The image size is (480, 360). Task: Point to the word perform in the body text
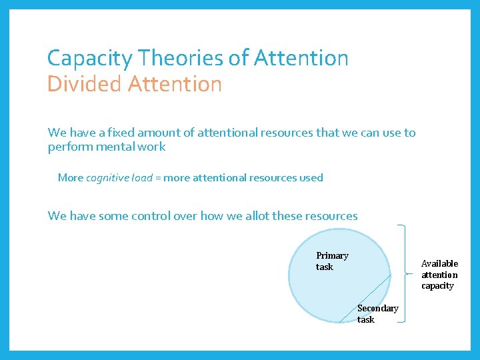click(69, 147)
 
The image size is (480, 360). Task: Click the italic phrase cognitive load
click(119, 178)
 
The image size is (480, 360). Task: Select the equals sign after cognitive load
click(158, 178)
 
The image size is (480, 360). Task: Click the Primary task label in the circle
click(331, 261)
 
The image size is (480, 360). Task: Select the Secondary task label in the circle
click(377, 313)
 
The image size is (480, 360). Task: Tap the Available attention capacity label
click(439, 275)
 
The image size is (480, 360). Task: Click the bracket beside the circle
click(403, 273)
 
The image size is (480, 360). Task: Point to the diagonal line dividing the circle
click(365, 300)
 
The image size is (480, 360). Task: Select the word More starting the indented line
click(70, 178)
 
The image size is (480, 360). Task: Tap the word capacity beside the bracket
click(437, 286)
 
